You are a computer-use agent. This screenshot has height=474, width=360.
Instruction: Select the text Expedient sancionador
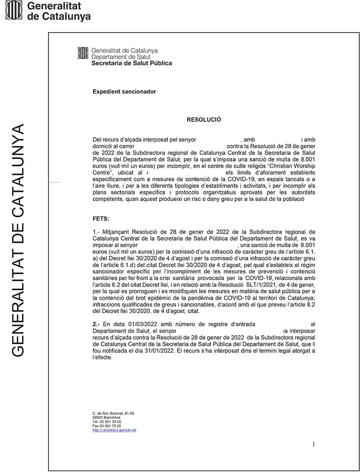pyautogui.click(x=124, y=91)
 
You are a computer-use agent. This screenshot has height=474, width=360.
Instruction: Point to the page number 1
pyautogui.click(x=313, y=444)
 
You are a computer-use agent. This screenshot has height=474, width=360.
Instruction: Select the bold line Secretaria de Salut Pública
pyautogui.click(x=131, y=63)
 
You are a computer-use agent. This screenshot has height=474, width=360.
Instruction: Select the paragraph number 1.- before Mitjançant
pyautogui.click(x=96, y=232)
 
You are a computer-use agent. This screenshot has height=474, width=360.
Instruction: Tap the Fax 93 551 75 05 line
pyautogui.click(x=107, y=426)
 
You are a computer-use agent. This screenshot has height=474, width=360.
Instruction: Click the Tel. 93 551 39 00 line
pyautogui.click(x=107, y=421)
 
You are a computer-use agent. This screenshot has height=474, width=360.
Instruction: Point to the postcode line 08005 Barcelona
pyautogui.click(x=107, y=417)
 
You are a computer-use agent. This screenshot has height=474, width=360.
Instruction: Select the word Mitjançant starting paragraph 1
pyautogui.click(x=117, y=232)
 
